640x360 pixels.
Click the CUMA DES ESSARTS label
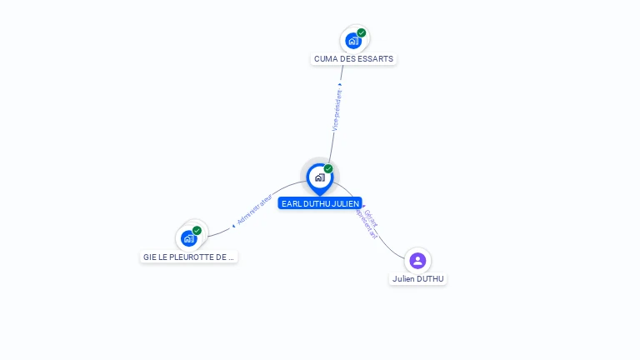(x=354, y=59)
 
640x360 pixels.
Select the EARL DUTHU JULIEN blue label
(x=320, y=203)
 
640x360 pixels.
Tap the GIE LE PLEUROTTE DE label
(x=189, y=257)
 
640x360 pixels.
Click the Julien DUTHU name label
(x=418, y=279)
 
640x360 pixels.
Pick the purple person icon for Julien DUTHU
(x=417, y=261)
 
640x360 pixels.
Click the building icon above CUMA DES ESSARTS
(x=353, y=40)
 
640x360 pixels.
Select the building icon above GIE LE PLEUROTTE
(x=189, y=238)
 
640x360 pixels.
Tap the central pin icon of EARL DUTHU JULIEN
(x=319, y=177)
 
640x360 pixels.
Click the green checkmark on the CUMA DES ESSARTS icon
(x=362, y=32)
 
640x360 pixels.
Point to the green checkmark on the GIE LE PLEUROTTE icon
(x=197, y=231)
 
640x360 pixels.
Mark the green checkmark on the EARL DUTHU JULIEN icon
(x=328, y=168)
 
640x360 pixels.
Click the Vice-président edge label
(x=337, y=110)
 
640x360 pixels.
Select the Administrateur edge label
(x=255, y=211)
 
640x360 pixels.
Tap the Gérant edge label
(x=371, y=219)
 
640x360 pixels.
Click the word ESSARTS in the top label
(x=376, y=59)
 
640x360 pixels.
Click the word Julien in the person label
(x=404, y=279)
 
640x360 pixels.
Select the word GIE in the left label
(x=150, y=257)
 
